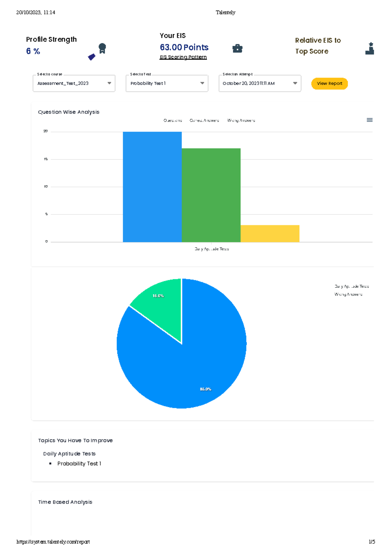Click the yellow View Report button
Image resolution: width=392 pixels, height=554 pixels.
329,84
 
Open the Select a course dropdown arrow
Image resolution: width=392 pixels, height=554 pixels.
109,84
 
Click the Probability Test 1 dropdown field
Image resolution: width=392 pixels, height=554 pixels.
167,84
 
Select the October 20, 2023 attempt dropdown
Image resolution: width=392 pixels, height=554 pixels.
260,84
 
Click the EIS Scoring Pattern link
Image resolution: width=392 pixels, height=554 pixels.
183,57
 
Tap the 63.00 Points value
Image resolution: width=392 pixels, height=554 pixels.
184,47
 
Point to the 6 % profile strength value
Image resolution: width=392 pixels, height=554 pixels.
33,51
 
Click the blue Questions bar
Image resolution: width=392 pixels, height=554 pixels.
152,187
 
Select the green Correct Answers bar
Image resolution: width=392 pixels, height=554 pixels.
211,195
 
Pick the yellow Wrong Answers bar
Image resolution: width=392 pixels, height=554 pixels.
270,234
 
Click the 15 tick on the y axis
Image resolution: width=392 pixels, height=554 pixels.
46,159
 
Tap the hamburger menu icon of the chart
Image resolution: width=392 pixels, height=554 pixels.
369,120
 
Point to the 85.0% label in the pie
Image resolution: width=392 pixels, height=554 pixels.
205,389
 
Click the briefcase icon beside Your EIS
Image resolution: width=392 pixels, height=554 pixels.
237,49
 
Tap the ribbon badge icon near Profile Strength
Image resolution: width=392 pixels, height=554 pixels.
102,48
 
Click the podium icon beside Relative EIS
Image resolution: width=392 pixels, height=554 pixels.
370,49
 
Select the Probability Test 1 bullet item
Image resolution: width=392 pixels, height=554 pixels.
79,464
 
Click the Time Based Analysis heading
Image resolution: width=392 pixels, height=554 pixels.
65,502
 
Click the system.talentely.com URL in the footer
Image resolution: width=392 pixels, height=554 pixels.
53,542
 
